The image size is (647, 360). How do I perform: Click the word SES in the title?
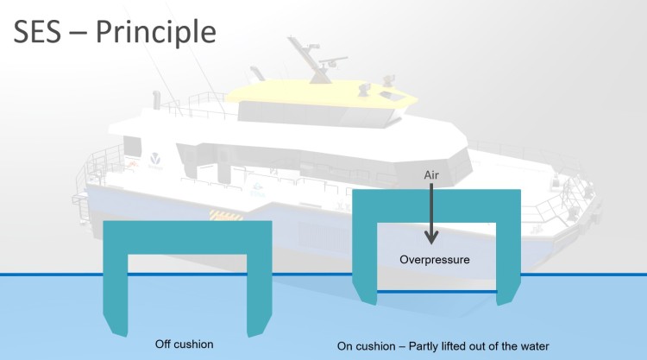click(x=38, y=31)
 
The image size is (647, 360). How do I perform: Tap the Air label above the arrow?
click(x=431, y=175)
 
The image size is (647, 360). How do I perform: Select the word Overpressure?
click(x=435, y=260)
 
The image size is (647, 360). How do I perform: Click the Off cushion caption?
click(x=184, y=344)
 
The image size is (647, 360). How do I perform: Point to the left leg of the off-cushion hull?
click(x=116, y=294)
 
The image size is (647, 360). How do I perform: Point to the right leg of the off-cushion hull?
click(x=259, y=294)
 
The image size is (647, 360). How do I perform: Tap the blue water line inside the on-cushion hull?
click(x=437, y=292)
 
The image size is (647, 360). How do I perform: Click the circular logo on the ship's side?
click(x=155, y=158)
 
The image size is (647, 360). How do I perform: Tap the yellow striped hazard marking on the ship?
click(x=226, y=215)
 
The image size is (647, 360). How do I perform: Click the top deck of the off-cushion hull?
click(x=187, y=237)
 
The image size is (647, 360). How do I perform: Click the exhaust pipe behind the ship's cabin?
click(x=156, y=100)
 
